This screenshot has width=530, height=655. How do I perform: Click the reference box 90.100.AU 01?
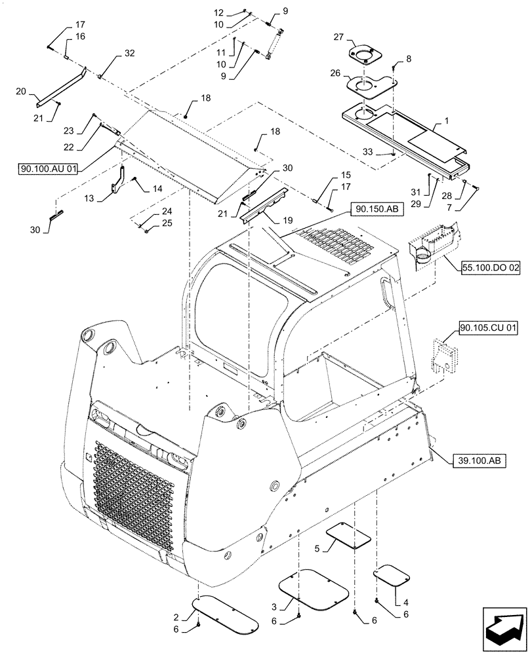tap(49, 169)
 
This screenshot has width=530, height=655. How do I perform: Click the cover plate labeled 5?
tap(348, 536)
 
